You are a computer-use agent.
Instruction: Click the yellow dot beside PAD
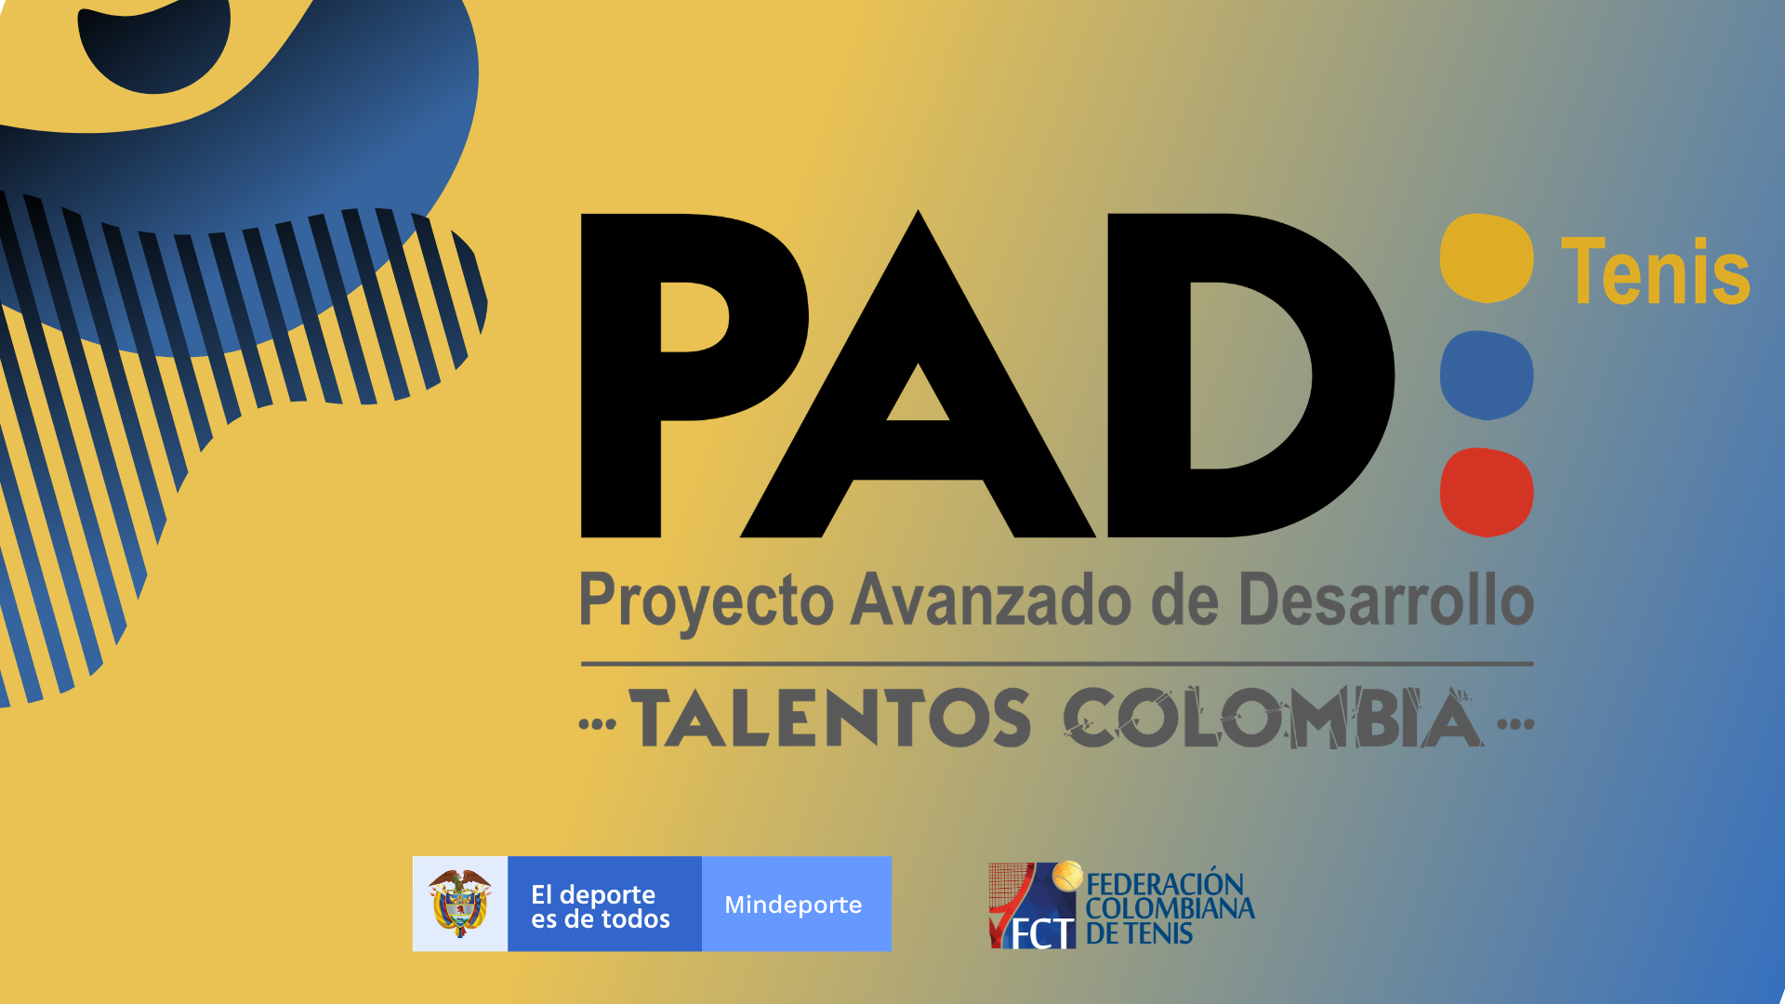tap(1487, 258)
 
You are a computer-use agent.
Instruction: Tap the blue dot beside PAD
tap(1487, 375)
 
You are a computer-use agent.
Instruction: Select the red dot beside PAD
tap(1487, 492)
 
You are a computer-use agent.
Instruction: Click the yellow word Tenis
tap(1655, 271)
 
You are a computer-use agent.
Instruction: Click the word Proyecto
tap(707, 602)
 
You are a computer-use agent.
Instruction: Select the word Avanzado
tap(992, 600)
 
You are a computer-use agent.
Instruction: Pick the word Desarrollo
tap(1386, 600)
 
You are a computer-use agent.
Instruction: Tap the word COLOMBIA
tap(1273, 719)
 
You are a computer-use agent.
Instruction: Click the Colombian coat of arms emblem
tap(459, 904)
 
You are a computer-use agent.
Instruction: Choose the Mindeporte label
tap(793, 905)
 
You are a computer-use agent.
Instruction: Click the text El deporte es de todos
tap(601, 906)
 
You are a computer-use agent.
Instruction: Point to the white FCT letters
tap(1042, 933)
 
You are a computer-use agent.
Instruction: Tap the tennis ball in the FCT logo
tap(1068, 875)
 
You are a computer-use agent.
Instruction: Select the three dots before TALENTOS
tap(598, 724)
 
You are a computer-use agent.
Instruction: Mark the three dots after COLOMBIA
tap(1515, 724)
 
